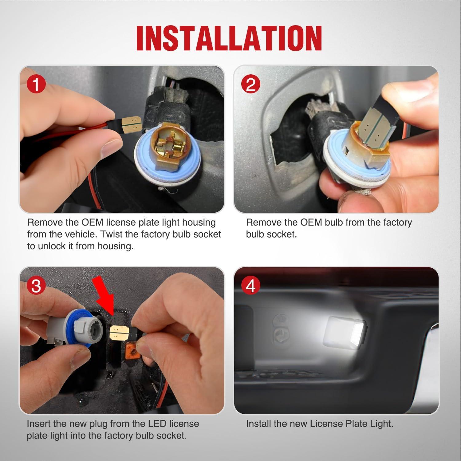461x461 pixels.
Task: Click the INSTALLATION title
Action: click(229, 38)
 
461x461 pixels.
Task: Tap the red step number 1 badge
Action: click(36, 85)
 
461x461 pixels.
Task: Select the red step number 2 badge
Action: click(251, 84)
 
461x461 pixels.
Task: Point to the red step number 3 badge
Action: click(36, 286)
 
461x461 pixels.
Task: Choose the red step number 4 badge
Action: click(251, 286)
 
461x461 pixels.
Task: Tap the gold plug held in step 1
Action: click(132, 124)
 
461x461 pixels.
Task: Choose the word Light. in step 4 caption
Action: click(380, 424)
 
